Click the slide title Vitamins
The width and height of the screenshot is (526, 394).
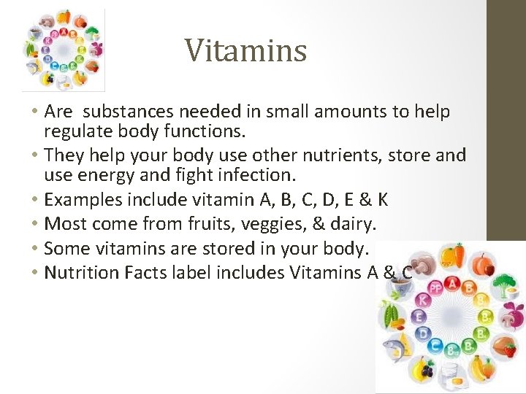245,50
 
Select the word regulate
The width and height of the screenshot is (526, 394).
75,132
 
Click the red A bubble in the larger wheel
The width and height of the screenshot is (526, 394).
453,284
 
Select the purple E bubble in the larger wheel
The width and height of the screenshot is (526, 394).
419,317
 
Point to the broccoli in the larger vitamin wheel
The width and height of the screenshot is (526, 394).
505,286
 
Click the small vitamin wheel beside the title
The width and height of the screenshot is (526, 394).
64,50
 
